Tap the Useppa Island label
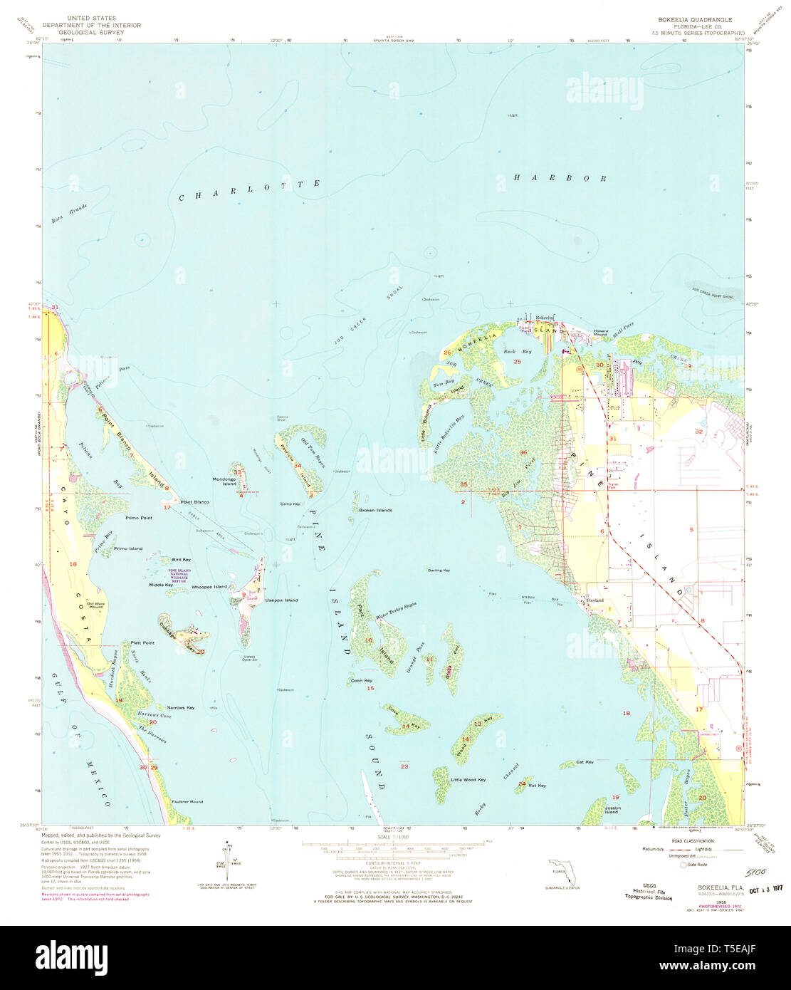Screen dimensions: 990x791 pyautogui.click(x=281, y=600)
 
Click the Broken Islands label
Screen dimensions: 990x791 pyautogui.click(x=375, y=511)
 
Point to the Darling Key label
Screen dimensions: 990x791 pyautogui.click(x=439, y=570)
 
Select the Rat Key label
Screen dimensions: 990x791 pyautogui.click(x=537, y=786)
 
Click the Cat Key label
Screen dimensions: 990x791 pyautogui.click(x=585, y=762)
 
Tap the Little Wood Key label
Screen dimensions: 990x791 pyautogui.click(x=468, y=780)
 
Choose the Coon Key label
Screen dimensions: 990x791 pyautogui.click(x=361, y=681)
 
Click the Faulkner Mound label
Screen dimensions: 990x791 pyautogui.click(x=187, y=802)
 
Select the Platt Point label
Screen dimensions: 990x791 pyautogui.click(x=142, y=642)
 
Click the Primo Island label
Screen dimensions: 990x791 pyautogui.click(x=127, y=548)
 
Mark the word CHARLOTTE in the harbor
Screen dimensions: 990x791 pyautogui.click(x=249, y=190)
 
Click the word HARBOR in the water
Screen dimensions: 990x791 pyautogui.click(x=560, y=178)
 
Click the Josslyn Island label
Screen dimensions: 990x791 pyautogui.click(x=612, y=810)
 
